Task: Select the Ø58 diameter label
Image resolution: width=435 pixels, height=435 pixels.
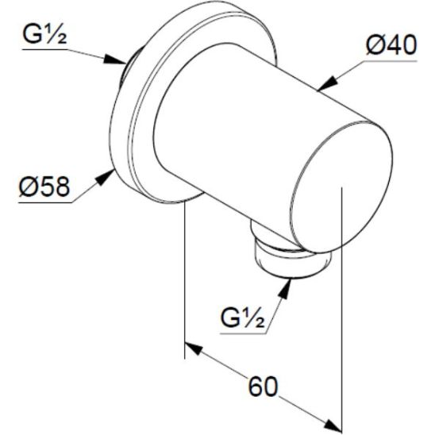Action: pyautogui.click(x=44, y=187)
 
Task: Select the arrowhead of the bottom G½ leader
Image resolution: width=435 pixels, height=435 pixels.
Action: pyautogui.click(x=283, y=283)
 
